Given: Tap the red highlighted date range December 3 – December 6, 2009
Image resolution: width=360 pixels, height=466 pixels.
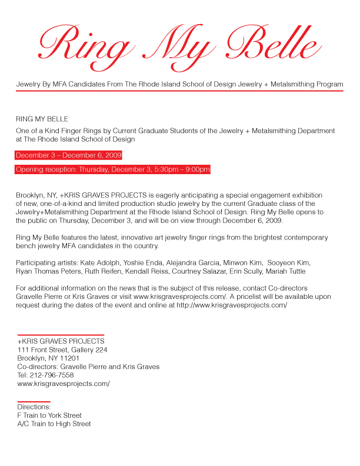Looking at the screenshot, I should click(x=69, y=155).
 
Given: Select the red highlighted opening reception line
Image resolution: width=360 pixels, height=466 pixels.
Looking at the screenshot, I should click(x=112, y=170).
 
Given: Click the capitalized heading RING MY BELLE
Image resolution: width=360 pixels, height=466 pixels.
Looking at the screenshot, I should click(x=42, y=119).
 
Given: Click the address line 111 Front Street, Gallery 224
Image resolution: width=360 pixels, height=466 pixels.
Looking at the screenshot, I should click(x=62, y=349).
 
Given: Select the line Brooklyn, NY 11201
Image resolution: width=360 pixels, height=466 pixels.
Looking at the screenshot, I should click(x=49, y=358).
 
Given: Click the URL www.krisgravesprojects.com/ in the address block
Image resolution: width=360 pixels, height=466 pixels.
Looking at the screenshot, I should click(x=64, y=384).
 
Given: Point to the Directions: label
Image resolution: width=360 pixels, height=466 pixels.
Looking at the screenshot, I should click(x=34, y=407).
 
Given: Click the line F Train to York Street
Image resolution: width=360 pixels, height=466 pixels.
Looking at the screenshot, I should click(x=49, y=415).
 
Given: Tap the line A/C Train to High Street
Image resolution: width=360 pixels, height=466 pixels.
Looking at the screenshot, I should click(x=54, y=424).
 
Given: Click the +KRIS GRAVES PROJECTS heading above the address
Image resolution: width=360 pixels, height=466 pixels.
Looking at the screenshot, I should click(x=61, y=341).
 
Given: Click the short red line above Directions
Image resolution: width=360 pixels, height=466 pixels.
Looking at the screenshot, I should click(x=34, y=401).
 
